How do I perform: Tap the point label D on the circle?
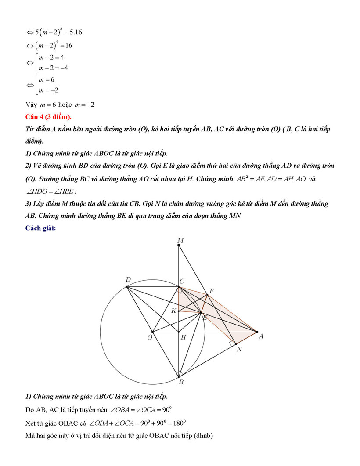pyautogui.click(x=128, y=280)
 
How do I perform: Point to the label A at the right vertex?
pyautogui.click(x=261, y=336)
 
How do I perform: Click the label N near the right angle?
pyautogui.click(x=239, y=349)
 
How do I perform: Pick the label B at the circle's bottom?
pyautogui.click(x=180, y=382)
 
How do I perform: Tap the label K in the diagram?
pyautogui.click(x=174, y=311)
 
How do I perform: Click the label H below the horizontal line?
pyautogui.click(x=183, y=337)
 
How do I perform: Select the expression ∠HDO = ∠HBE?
pyautogui.click(x=51, y=191)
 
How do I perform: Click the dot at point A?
pyautogui.click(x=257, y=332)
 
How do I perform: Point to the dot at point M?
pyautogui.click(x=179, y=245)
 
